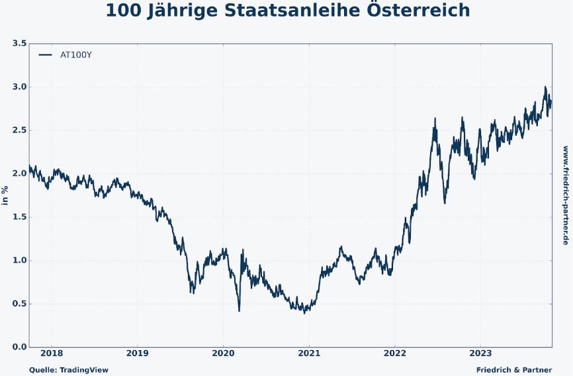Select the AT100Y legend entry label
click(76, 55)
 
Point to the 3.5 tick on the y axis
click(19, 44)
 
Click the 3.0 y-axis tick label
click(19, 87)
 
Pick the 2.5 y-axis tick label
click(19, 130)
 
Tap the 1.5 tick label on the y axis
click(19, 217)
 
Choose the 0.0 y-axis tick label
click(19, 347)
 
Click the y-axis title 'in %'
click(5, 195)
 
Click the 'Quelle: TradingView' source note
click(68, 370)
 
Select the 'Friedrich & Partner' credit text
click(513, 370)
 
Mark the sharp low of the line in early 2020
click(239, 310)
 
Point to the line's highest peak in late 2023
click(545, 87)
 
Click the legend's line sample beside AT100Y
click(45, 55)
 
